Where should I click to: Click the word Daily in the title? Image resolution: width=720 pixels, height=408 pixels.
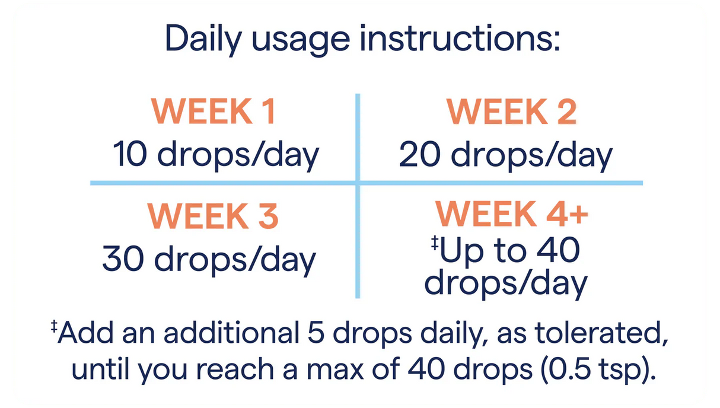(x=203, y=39)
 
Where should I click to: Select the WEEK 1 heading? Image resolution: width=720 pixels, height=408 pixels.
(x=214, y=111)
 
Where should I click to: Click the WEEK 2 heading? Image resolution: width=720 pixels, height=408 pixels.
(x=512, y=111)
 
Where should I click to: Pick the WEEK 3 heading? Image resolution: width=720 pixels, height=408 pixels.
(x=213, y=216)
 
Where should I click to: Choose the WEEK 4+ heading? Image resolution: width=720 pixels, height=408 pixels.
(x=512, y=213)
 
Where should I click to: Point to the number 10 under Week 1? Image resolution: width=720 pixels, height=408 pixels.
(x=130, y=154)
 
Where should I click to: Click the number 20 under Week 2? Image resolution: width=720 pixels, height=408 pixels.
(x=420, y=154)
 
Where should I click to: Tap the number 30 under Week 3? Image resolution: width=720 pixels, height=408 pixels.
(x=123, y=259)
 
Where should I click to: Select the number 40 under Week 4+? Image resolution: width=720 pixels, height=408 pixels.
(x=559, y=250)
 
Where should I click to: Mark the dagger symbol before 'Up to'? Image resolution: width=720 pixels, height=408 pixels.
(x=435, y=243)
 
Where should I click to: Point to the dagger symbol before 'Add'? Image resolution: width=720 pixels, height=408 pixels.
(x=54, y=326)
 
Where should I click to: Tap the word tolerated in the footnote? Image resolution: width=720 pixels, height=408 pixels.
(x=601, y=333)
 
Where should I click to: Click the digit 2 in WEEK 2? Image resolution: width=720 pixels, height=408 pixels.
(x=567, y=111)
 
